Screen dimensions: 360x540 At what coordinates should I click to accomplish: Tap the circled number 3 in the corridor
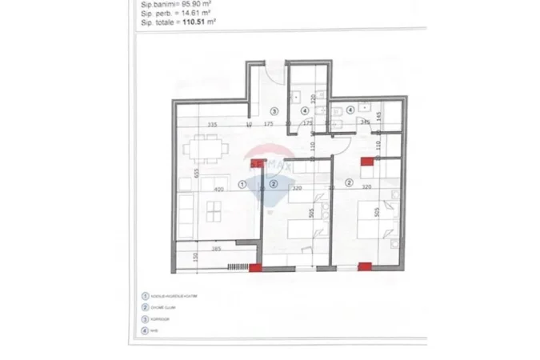point(273,112)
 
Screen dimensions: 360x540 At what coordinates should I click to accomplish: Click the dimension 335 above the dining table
point(212,125)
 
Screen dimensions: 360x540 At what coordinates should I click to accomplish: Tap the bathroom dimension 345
point(365,122)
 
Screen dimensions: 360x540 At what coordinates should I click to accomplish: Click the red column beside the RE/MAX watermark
point(257,164)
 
